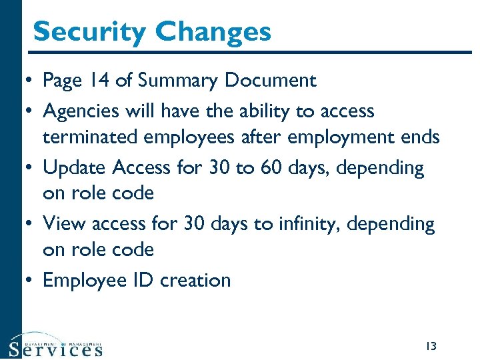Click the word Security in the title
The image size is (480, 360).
[89, 32]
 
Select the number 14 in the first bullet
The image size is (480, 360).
[101, 81]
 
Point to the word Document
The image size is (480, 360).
[270, 81]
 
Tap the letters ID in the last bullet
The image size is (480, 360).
[144, 280]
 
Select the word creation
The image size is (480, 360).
[195, 280]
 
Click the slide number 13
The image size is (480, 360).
[430, 345]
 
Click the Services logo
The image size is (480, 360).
[56, 345]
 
